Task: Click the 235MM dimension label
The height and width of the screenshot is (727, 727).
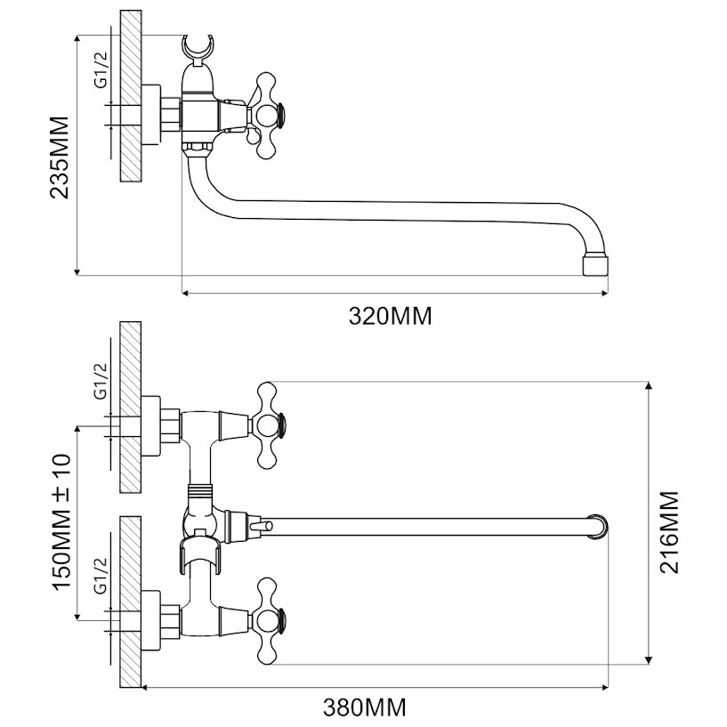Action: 60,158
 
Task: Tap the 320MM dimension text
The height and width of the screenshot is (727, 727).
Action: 391,317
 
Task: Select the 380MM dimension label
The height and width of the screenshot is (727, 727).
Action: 365,708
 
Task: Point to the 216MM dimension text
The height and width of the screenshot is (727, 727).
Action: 669,532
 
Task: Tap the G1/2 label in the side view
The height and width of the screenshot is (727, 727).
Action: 101,69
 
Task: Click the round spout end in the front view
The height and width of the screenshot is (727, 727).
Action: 598,527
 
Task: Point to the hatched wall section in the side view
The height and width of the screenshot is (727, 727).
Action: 131,96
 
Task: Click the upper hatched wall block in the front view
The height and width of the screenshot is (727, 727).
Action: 131,407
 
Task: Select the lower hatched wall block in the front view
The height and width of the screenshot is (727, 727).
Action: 131,602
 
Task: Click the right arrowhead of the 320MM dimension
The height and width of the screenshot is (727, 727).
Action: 604,293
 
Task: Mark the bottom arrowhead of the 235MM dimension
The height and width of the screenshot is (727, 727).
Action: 77,271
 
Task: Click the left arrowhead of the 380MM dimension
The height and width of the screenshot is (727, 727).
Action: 144,688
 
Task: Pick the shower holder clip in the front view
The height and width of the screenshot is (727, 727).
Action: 199,554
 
